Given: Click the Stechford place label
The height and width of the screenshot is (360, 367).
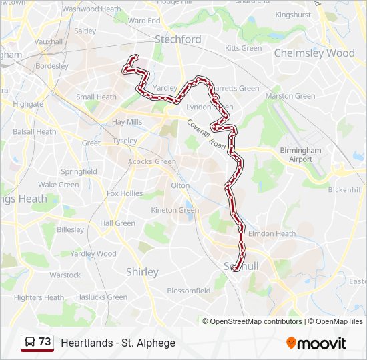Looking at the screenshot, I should point(177,39).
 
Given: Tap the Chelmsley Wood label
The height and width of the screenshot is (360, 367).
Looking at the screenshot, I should point(314,53).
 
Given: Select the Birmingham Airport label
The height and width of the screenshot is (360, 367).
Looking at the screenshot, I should point(300,155).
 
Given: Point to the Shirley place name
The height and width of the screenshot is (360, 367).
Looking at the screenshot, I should point(142,272).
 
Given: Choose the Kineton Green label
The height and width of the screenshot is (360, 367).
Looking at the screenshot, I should point(175,210).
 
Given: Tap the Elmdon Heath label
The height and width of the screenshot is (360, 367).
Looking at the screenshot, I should point(272,234).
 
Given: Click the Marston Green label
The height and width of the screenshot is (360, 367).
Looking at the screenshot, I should point(290,96).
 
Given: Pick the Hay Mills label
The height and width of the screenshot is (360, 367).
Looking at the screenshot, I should point(127,122).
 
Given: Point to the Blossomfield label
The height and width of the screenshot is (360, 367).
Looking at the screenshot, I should point(188,291).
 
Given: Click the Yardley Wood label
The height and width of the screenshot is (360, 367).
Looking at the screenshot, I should point(93,253).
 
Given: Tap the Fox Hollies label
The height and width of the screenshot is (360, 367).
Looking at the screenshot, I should point(125,193).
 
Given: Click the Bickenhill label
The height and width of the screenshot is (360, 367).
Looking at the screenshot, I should point(345,190).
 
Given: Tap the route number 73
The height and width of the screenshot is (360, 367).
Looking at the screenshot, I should point(45,342).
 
